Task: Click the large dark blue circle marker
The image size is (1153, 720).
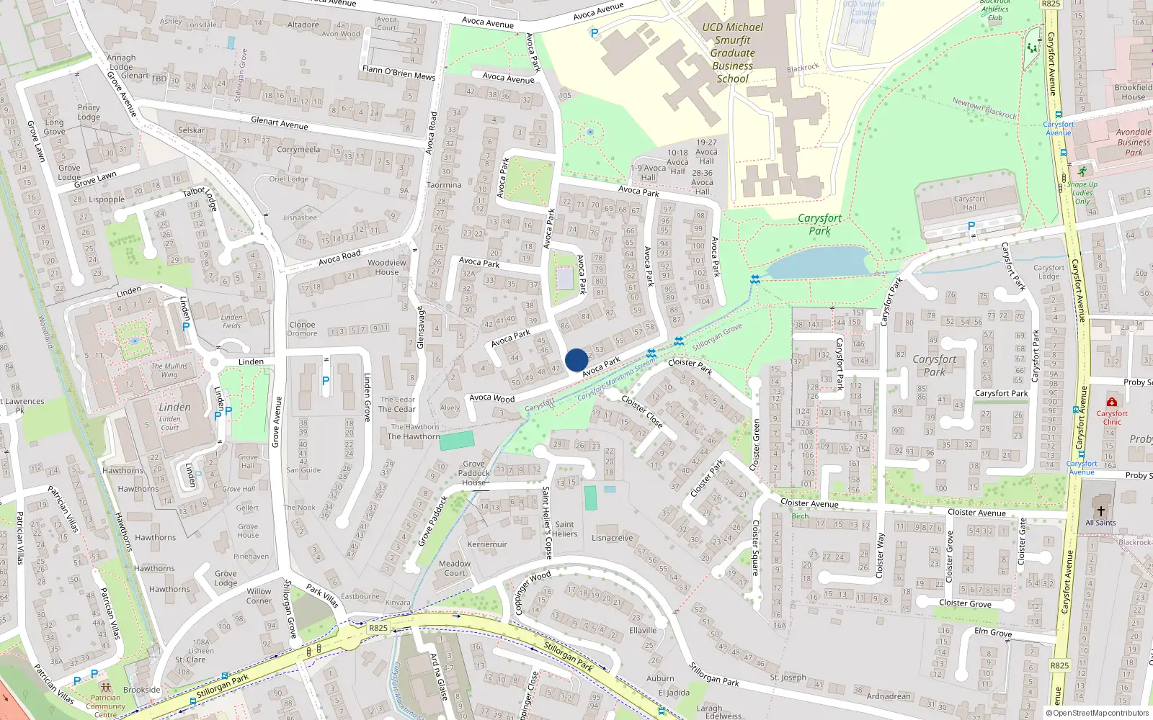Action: (x=576, y=360)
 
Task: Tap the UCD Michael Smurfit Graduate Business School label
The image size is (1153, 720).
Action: (x=732, y=53)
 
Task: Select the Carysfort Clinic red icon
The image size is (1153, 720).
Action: (x=1112, y=402)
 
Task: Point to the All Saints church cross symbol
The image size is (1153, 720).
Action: (x=1100, y=510)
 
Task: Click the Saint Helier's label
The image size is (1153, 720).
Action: (x=565, y=529)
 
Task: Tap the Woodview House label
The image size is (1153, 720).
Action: (x=387, y=267)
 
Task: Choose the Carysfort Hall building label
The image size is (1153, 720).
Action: (x=969, y=203)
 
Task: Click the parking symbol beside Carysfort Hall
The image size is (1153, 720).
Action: (x=971, y=226)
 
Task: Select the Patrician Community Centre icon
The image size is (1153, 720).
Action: (x=106, y=688)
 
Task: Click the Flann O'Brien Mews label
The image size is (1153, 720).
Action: (x=399, y=73)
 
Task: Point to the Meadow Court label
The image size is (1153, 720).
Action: (x=455, y=568)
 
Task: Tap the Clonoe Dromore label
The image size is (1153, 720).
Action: (x=302, y=329)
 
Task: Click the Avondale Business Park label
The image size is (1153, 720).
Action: (x=1134, y=142)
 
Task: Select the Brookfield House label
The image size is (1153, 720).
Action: (x=1133, y=92)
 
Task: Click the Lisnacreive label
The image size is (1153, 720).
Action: (x=613, y=538)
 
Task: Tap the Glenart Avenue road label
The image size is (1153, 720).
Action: (x=279, y=123)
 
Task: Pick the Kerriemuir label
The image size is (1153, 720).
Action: (x=487, y=544)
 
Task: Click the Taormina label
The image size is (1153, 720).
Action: (x=444, y=185)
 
